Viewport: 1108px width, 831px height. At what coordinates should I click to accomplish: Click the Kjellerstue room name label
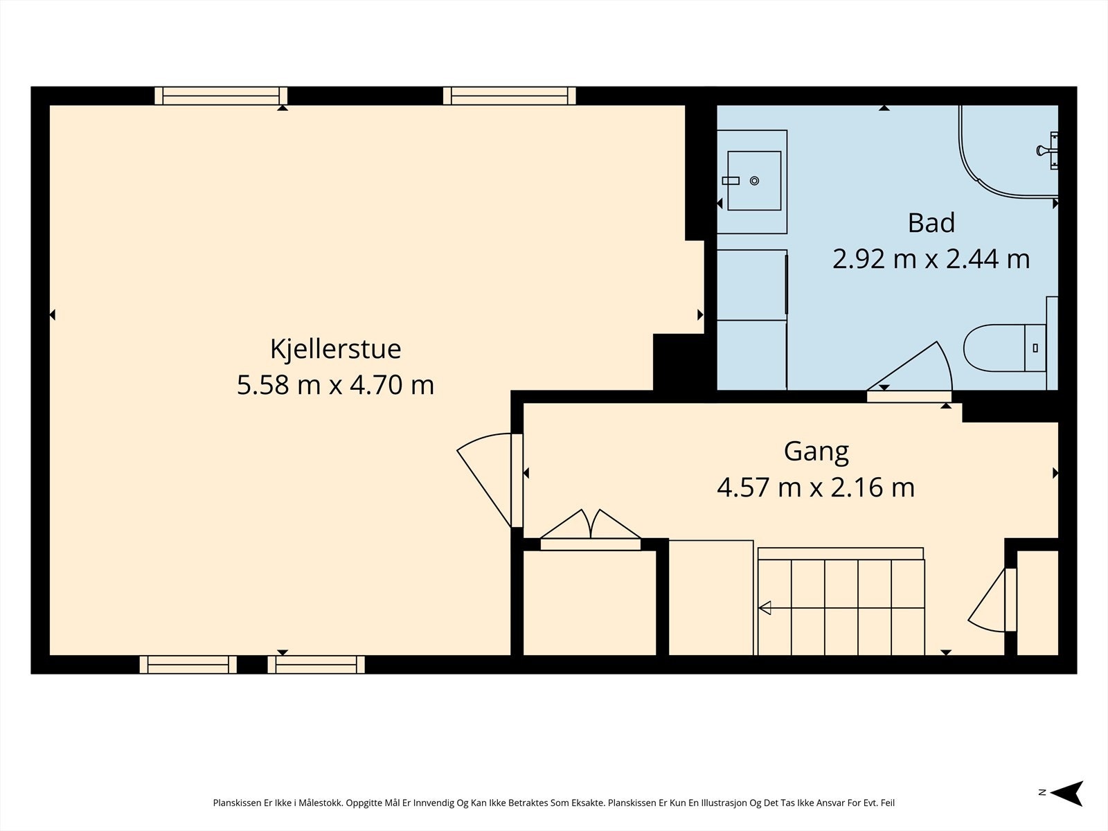click(x=335, y=350)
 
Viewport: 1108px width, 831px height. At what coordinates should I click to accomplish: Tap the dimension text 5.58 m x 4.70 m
click(x=335, y=385)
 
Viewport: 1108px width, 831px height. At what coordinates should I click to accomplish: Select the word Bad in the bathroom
click(x=931, y=223)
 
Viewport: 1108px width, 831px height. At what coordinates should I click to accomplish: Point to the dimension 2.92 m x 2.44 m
click(x=931, y=259)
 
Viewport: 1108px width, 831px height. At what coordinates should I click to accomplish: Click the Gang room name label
click(x=816, y=452)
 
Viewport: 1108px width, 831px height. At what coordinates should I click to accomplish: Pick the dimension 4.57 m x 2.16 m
click(x=816, y=488)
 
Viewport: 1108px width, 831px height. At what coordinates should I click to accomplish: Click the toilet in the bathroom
click(x=1005, y=348)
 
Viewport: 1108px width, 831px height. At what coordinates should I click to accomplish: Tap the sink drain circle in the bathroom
click(x=754, y=181)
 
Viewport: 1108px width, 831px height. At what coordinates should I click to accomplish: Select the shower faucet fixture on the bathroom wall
click(x=1048, y=150)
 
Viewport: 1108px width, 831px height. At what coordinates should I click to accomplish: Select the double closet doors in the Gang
click(x=591, y=524)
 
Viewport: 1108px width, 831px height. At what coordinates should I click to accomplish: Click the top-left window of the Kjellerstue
click(x=221, y=96)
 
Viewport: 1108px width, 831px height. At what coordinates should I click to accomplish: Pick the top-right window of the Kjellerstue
click(x=509, y=96)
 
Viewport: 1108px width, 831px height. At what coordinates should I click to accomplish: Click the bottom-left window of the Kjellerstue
click(x=188, y=665)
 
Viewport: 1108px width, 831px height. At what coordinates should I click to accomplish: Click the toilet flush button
click(x=1035, y=348)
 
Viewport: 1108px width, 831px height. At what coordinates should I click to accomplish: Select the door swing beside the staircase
click(x=986, y=600)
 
